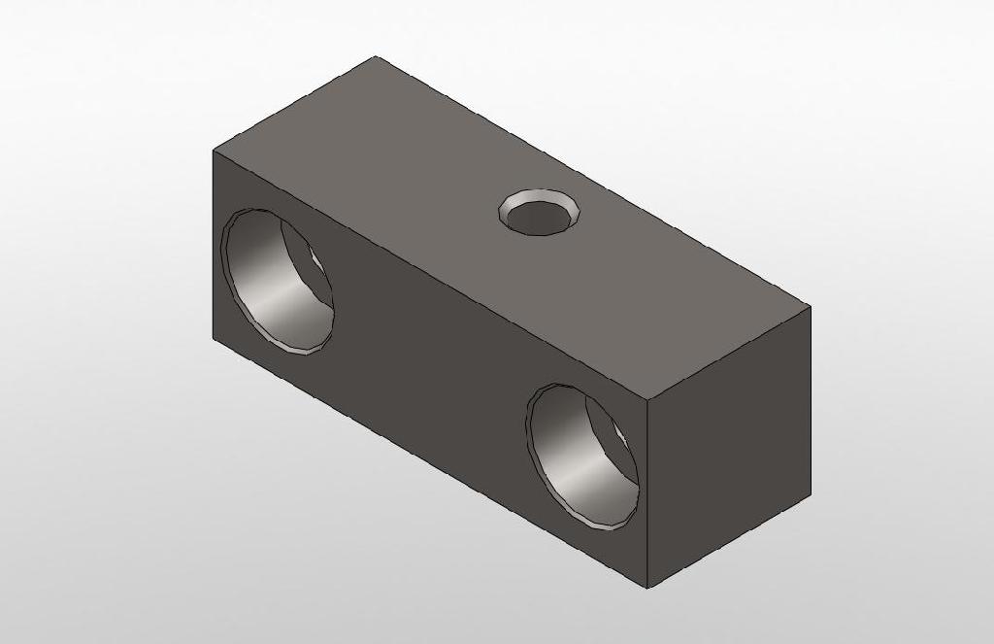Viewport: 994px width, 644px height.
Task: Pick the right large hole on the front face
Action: [582, 457]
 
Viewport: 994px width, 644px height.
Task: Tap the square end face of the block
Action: [728, 447]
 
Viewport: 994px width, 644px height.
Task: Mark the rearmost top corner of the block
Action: [377, 57]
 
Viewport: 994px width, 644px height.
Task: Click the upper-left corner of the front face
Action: [213, 151]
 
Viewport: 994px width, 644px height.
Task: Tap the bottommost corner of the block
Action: [647, 588]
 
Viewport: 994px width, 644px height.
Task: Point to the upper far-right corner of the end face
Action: [811, 306]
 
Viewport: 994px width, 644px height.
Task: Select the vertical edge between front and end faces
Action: [647, 495]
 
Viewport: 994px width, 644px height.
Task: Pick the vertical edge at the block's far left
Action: [213, 243]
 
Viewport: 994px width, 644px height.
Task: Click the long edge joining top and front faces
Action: [430, 275]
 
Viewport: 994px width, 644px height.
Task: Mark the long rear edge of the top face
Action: [593, 182]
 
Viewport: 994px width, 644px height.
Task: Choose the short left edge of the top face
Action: [294, 104]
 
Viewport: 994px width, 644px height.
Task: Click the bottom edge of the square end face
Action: [729, 542]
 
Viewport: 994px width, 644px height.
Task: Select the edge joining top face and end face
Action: [729, 353]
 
